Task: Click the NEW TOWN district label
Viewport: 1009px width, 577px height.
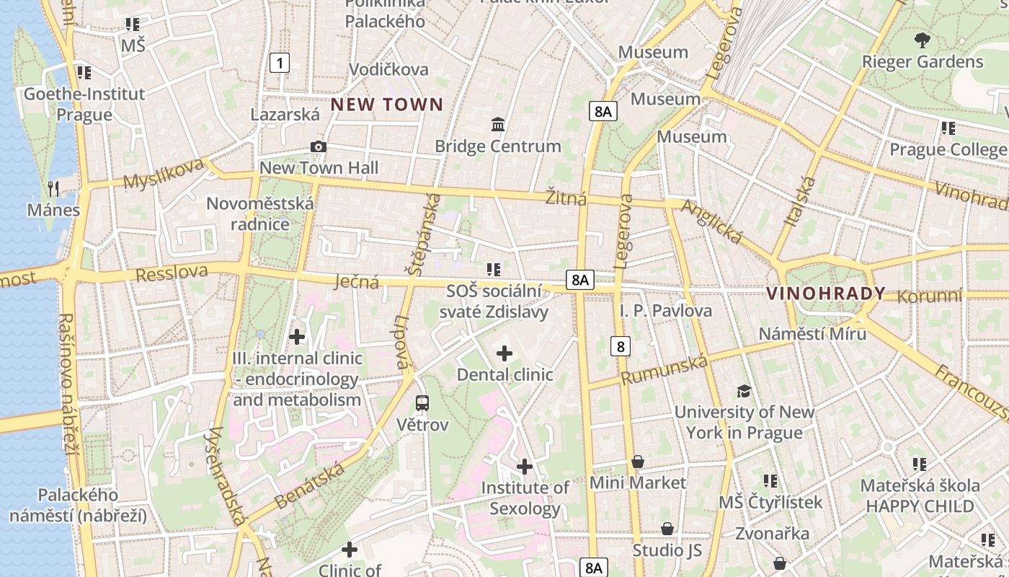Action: pyautogui.click(x=387, y=105)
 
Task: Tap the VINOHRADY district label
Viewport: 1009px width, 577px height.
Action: pyautogui.click(x=826, y=294)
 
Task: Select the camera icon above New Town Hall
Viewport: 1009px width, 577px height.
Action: pyautogui.click(x=319, y=147)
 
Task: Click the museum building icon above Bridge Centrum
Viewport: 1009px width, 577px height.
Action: pyautogui.click(x=497, y=125)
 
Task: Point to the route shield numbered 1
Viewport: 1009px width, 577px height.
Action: pyautogui.click(x=280, y=63)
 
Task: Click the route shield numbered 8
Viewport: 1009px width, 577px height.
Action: pyautogui.click(x=620, y=346)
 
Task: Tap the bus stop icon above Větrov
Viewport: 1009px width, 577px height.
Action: pyautogui.click(x=422, y=403)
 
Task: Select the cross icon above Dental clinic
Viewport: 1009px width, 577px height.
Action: pyautogui.click(x=504, y=353)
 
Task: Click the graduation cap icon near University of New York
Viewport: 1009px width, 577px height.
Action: pyautogui.click(x=744, y=391)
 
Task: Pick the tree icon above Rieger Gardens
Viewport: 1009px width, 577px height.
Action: pyautogui.click(x=922, y=40)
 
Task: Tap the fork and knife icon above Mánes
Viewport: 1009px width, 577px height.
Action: pyautogui.click(x=53, y=189)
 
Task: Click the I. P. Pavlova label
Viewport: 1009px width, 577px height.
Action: pyautogui.click(x=666, y=311)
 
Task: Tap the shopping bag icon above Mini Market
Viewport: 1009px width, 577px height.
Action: pyautogui.click(x=638, y=462)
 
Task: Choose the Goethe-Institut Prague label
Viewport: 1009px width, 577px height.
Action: pyautogui.click(x=84, y=104)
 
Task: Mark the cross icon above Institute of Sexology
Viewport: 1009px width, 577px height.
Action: pyautogui.click(x=525, y=467)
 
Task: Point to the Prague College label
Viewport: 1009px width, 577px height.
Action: pyautogui.click(x=948, y=149)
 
